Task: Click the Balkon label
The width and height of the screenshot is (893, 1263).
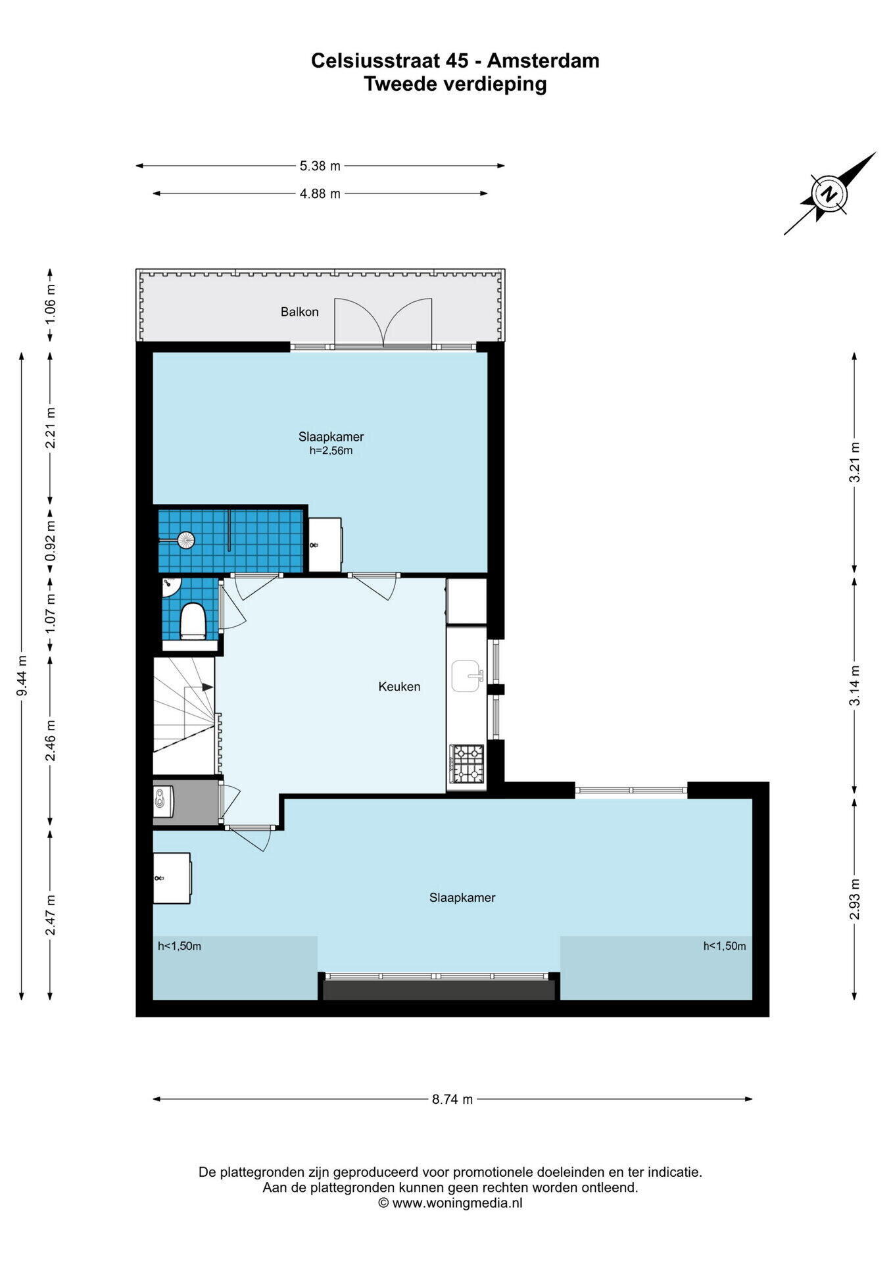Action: tap(299, 312)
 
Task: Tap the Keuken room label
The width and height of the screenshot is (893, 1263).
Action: tap(399, 687)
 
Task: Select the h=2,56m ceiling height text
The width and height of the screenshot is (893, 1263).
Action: tap(331, 451)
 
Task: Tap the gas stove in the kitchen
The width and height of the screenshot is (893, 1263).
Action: tap(466, 762)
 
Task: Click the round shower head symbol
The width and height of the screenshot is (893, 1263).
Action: tap(187, 540)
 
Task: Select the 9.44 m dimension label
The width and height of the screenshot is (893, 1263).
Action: tap(22, 676)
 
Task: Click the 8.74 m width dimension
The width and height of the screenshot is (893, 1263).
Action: tap(452, 1099)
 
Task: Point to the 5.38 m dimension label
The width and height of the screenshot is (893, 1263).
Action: tap(320, 166)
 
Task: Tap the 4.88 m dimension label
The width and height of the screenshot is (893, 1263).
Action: tap(320, 193)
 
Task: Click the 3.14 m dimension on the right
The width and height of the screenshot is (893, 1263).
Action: tap(854, 685)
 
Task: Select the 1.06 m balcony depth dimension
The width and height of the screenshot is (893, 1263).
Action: tap(51, 305)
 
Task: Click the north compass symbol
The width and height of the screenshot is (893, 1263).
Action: tap(830, 194)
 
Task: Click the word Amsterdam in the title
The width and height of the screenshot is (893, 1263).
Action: tap(543, 61)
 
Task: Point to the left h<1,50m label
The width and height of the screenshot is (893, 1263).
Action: tap(180, 947)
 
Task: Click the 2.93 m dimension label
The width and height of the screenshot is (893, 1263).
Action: tap(854, 899)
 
